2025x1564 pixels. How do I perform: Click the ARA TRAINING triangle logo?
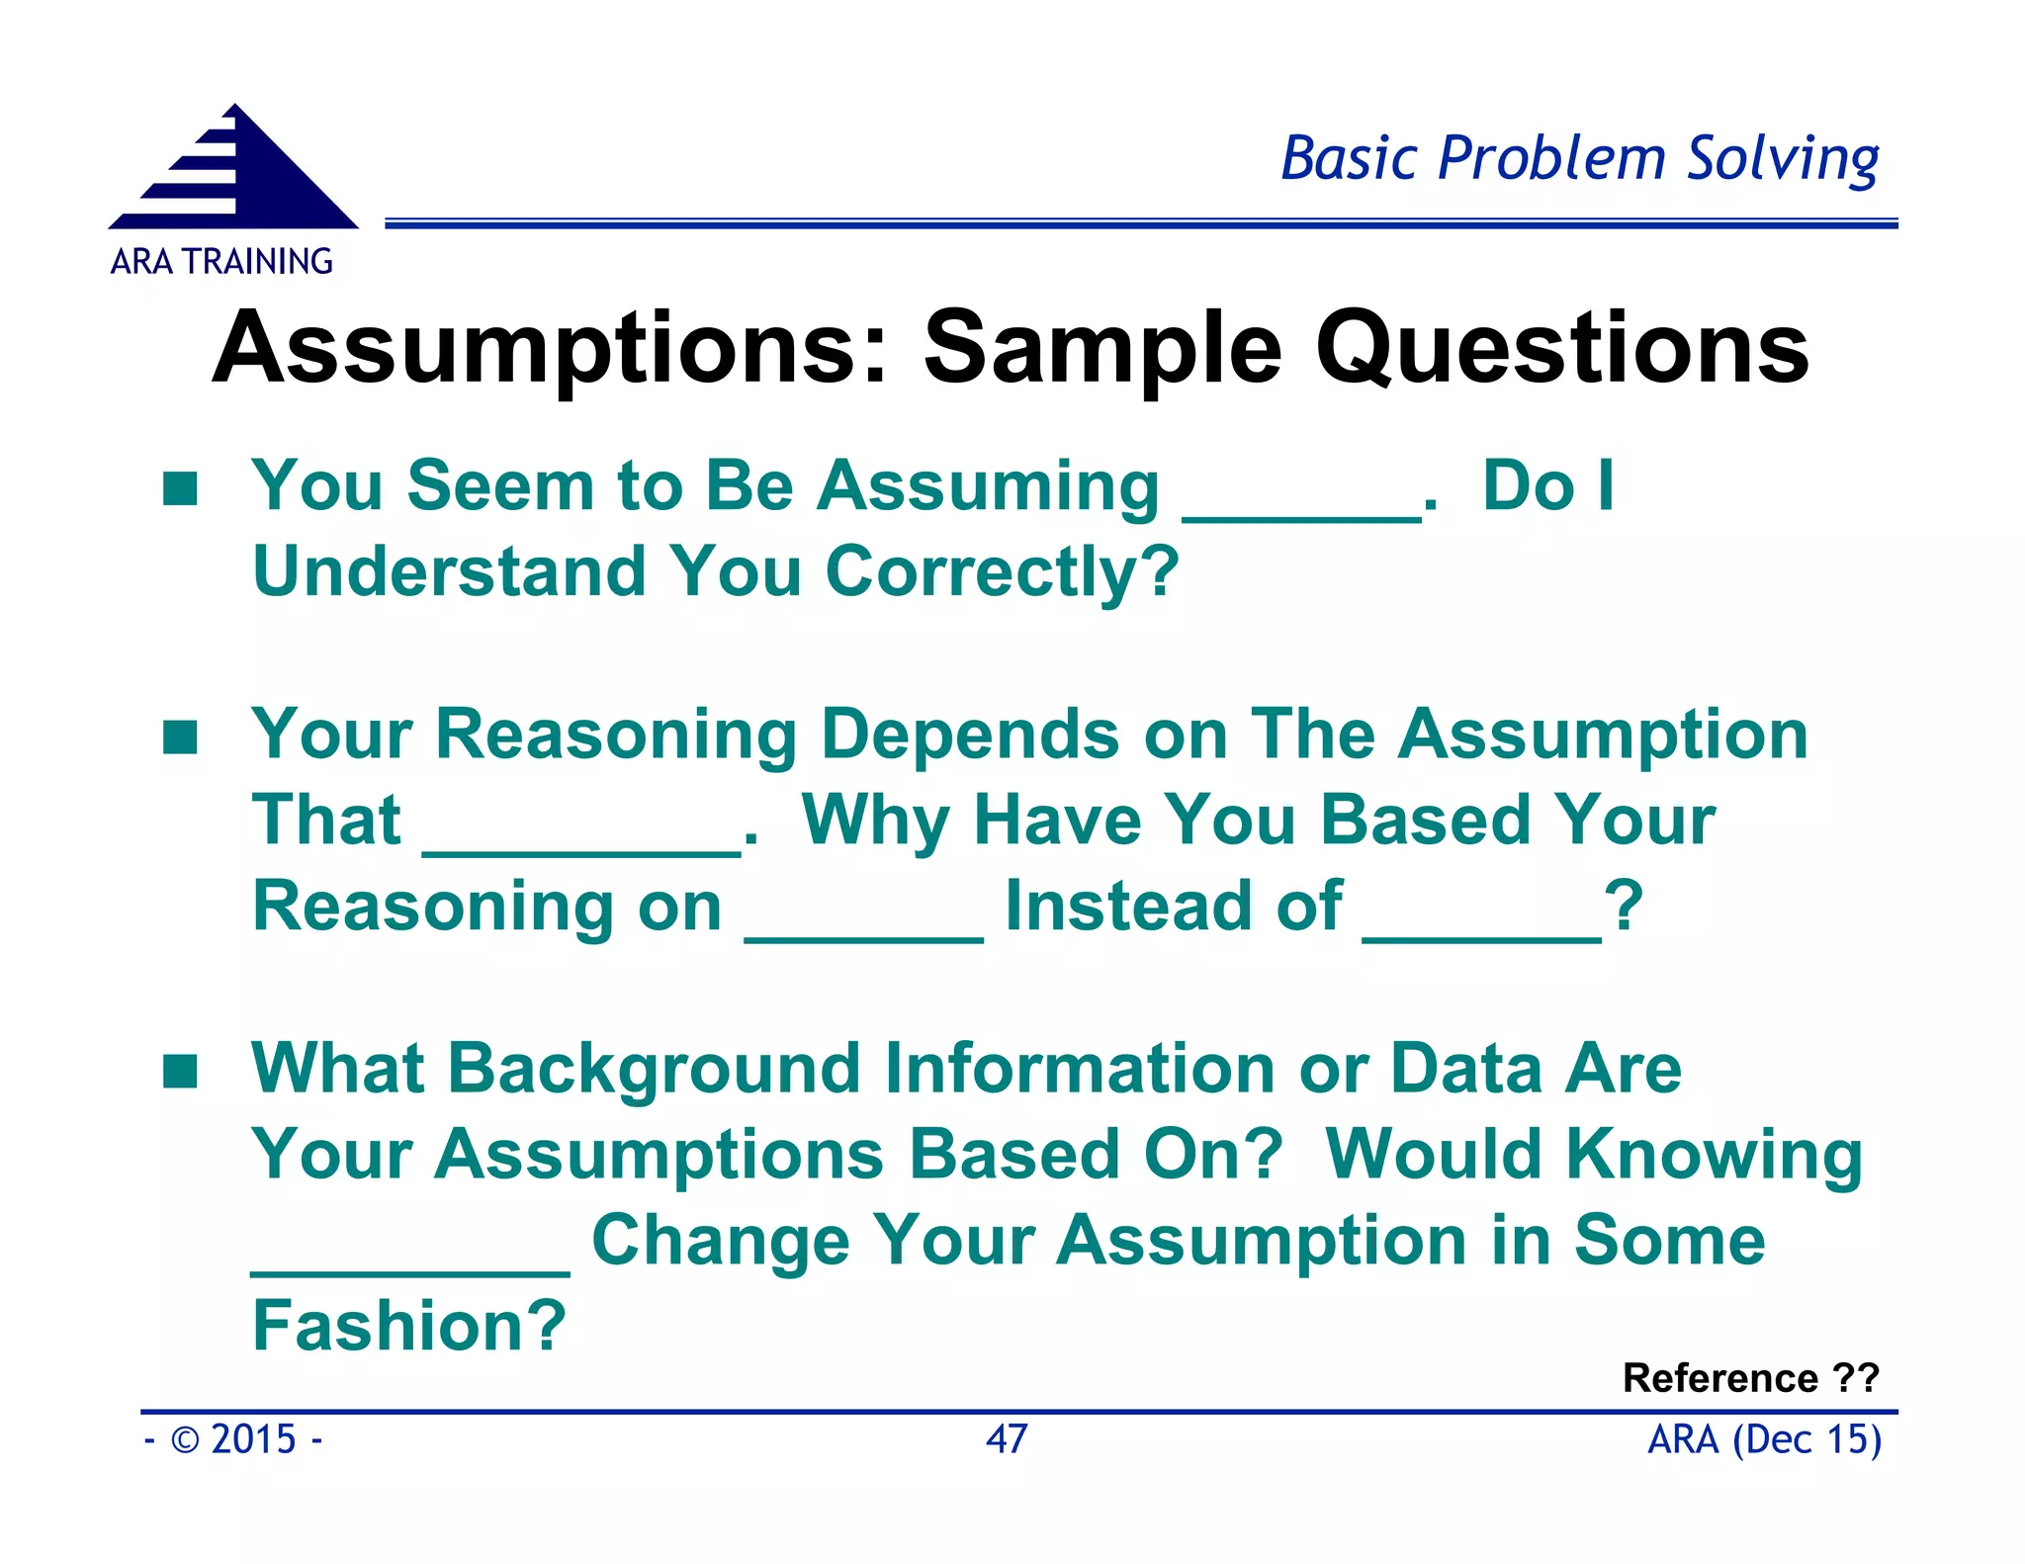(x=235, y=171)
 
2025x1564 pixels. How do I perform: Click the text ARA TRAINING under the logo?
(x=221, y=262)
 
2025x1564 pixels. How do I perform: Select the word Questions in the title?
(x=1562, y=348)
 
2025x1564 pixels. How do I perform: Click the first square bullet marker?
(x=180, y=487)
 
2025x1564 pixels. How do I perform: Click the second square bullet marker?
(x=180, y=737)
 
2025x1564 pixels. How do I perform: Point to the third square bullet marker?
(x=180, y=1071)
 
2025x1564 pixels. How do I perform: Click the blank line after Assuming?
(x=1301, y=516)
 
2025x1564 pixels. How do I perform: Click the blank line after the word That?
(x=582, y=850)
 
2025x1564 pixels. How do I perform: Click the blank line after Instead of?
(x=1481, y=935)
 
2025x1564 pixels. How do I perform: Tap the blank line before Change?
(x=410, y=1269)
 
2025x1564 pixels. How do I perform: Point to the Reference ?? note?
(x=1749, y=1377)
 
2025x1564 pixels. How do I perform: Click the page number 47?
(x=1007, y=1438)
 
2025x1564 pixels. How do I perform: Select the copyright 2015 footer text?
(x=234, y=1438)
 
